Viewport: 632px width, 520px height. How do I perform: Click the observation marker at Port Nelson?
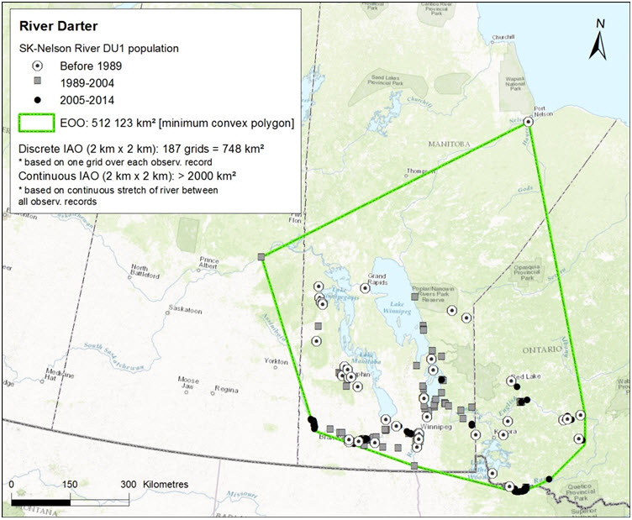pos(529,122)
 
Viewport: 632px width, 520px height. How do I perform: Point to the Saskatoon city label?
pos(187,310)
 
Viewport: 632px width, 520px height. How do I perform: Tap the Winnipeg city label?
pos(441,424)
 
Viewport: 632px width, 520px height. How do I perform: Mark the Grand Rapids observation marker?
pos(365,287)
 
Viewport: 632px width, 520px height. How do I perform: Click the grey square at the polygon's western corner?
pos(261,256)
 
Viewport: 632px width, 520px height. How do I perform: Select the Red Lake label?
pos(529,376)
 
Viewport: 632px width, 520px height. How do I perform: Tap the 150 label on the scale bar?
pos(70,485)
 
